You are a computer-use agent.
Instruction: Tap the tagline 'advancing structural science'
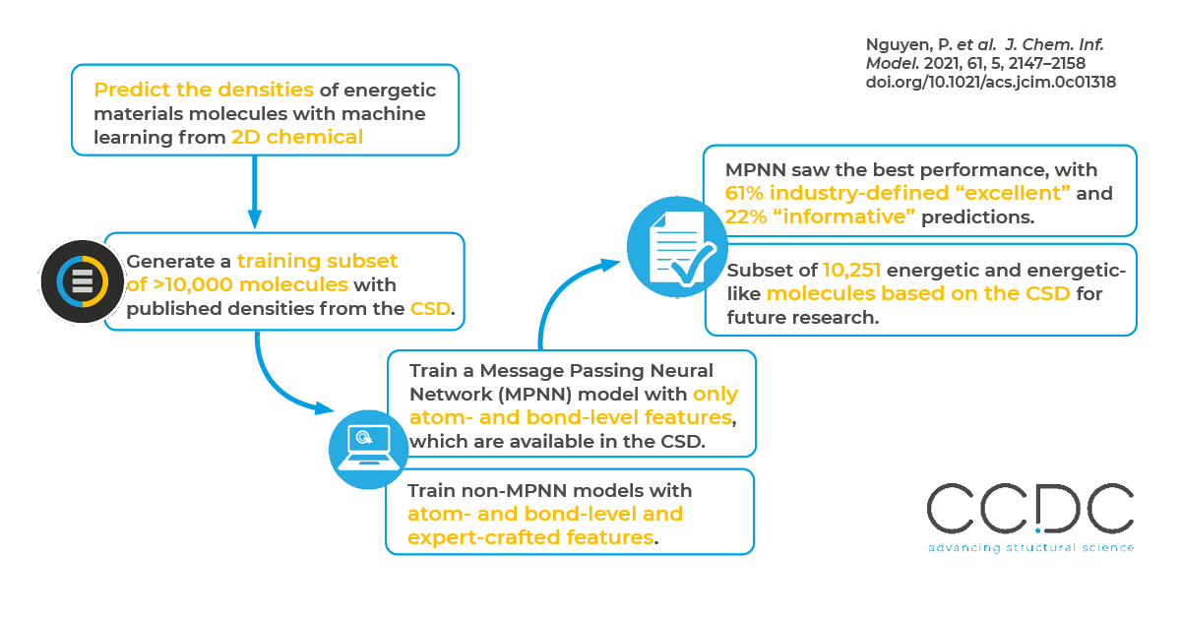(x=1029, y=548)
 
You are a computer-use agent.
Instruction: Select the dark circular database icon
(x=82, y=281)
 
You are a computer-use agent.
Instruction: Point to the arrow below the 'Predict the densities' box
(x=254, y=192)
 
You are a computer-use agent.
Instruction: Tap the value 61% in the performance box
(x=745, y=194)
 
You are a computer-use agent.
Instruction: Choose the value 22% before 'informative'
(x=745, y=217)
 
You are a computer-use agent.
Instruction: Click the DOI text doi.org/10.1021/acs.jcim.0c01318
(x=991, y=82)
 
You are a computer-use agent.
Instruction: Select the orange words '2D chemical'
(x=297, y=138)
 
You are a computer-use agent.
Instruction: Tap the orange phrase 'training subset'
(x=317, y=262)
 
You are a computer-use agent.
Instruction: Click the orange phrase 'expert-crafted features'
(x=530, y=537)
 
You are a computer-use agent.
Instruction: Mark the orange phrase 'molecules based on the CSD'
(x=917, y=293)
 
